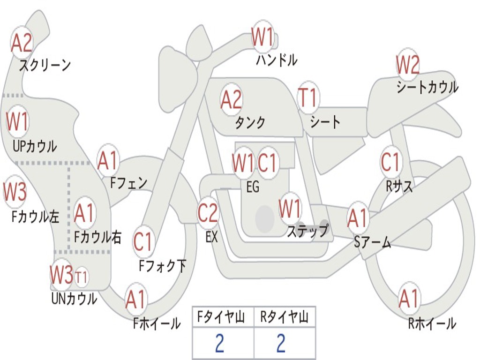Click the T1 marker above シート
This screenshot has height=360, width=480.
[308, 98]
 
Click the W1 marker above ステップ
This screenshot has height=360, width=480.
[290, 209]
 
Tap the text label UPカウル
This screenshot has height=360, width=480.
[34, 146]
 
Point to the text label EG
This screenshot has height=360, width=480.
[252, 187]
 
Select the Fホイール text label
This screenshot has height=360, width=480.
[157, 323]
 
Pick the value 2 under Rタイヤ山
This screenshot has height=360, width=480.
[281, 344]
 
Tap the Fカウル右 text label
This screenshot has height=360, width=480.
[98, 237]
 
